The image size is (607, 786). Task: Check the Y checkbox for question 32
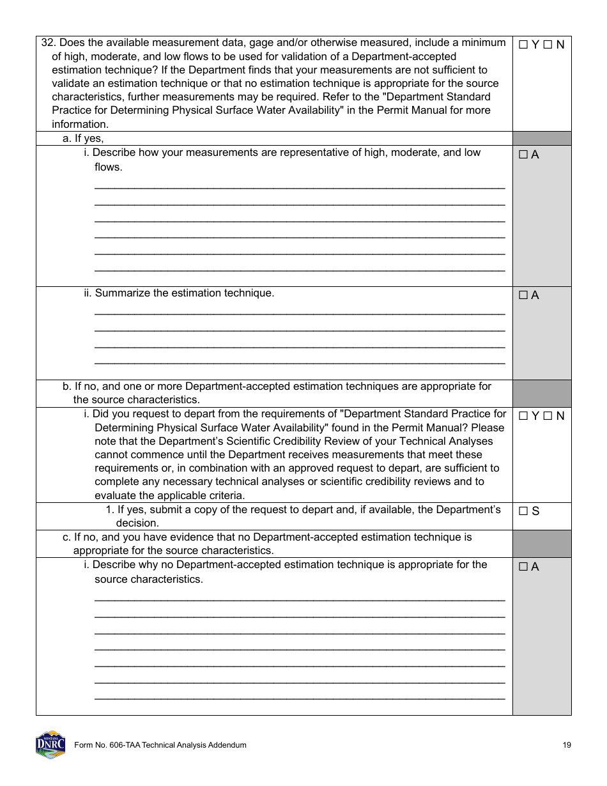(x=523, y=45)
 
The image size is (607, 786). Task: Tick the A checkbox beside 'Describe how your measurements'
(x=523, y=155)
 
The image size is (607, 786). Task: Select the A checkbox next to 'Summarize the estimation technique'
(x=523, y=295)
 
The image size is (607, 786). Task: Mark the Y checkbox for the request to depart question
(x=523, y=416)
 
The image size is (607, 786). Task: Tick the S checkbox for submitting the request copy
(x=523, y=511)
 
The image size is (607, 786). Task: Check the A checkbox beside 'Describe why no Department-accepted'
(x=523, y=567)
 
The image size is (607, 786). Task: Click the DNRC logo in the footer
(x=50, y=744)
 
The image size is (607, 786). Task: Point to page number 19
(x=567, y=745)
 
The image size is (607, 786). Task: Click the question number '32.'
(x=49, y=43)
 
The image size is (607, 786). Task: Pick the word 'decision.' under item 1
(x=137, y=523)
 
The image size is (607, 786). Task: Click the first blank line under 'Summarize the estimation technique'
(x=300, y=313)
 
